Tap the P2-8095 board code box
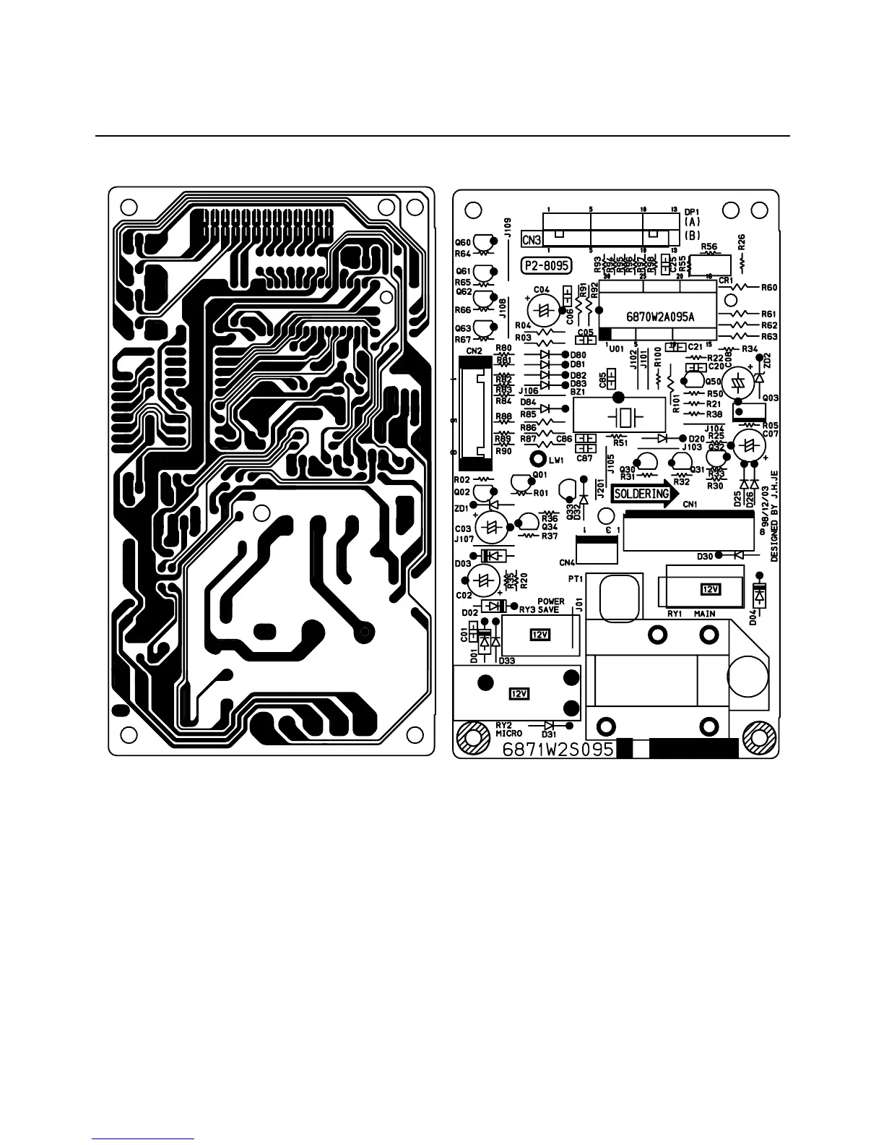(x=546, y=265)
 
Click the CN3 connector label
(x=532, y=239)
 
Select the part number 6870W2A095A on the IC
(x=660, y=316)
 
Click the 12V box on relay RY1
(x=711, y=589)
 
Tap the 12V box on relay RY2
(x=520, y=694)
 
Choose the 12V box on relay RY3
(x=539, y=635)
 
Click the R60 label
(x=769, y=287)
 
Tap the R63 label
(x=769, y=337)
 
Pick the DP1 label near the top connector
(x=693, y=212)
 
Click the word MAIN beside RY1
(x=704, y=614)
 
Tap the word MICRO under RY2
(x=508, y=733)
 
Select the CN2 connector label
(x=474, y=351)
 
